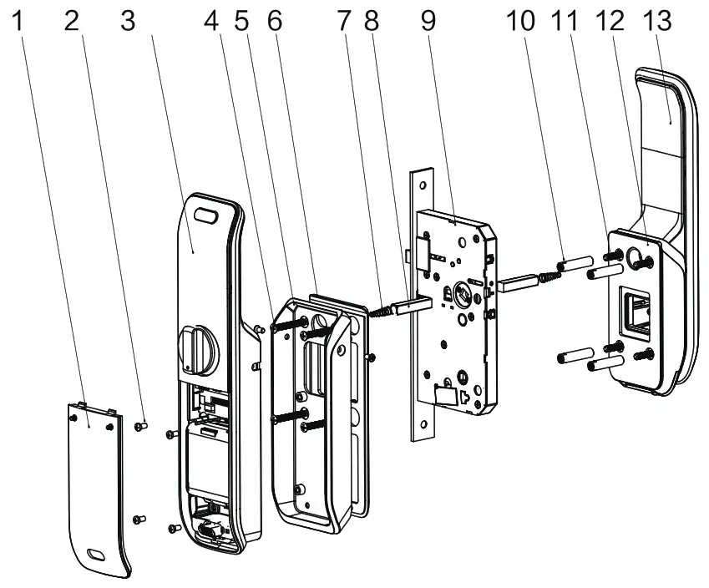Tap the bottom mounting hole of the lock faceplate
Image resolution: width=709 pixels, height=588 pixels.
(424, 427)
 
